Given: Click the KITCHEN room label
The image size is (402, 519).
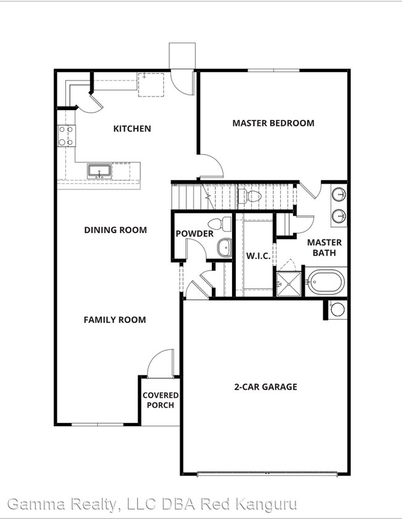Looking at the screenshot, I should tap(132, 129).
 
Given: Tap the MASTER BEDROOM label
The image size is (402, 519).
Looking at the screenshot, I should tap(273, 123).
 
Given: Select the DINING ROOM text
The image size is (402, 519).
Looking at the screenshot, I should tap(115, 230).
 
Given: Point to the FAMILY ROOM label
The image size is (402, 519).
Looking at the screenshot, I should tap(115, 320).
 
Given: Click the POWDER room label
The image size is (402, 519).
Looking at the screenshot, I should tap(194, 234).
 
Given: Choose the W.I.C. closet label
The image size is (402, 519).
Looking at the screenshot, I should tap(258, 255).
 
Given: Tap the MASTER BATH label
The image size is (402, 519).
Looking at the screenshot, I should tap(324, 247).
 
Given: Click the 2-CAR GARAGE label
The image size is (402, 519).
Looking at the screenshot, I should tap(265, 387).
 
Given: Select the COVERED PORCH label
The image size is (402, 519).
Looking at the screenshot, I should tap(161, 400).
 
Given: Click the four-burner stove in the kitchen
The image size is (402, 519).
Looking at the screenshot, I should tap(66, 136).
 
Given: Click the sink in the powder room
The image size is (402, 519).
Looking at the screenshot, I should tap(223, 248).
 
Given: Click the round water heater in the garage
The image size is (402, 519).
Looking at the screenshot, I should tap(338, 309).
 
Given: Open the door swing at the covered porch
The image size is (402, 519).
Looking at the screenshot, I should tap(161, 363).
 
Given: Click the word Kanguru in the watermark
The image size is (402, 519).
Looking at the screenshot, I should tap(268, 505).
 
